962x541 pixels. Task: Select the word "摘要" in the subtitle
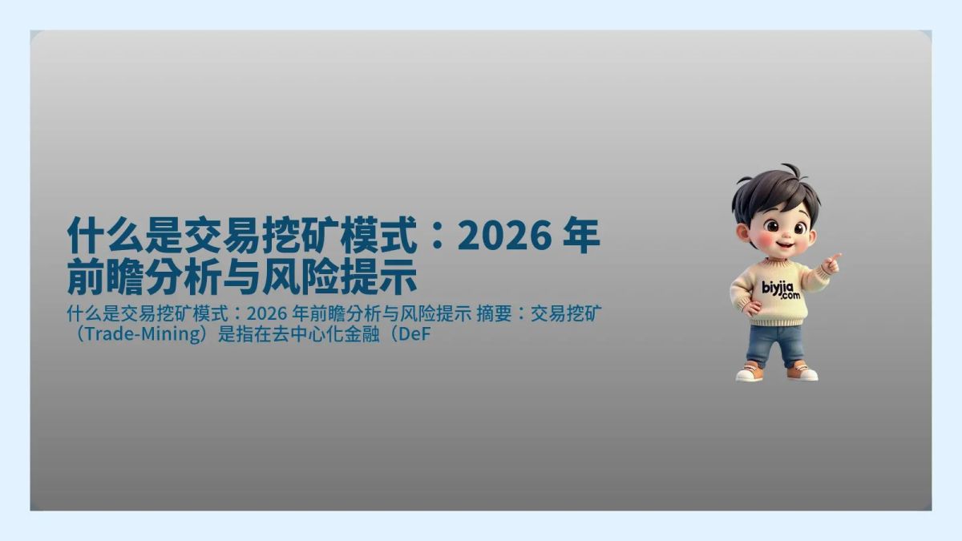[494, 312]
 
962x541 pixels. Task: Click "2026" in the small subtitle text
[266, 312]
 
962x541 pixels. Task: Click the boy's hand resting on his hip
[750, 306]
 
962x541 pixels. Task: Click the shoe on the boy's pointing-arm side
[802, 372]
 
